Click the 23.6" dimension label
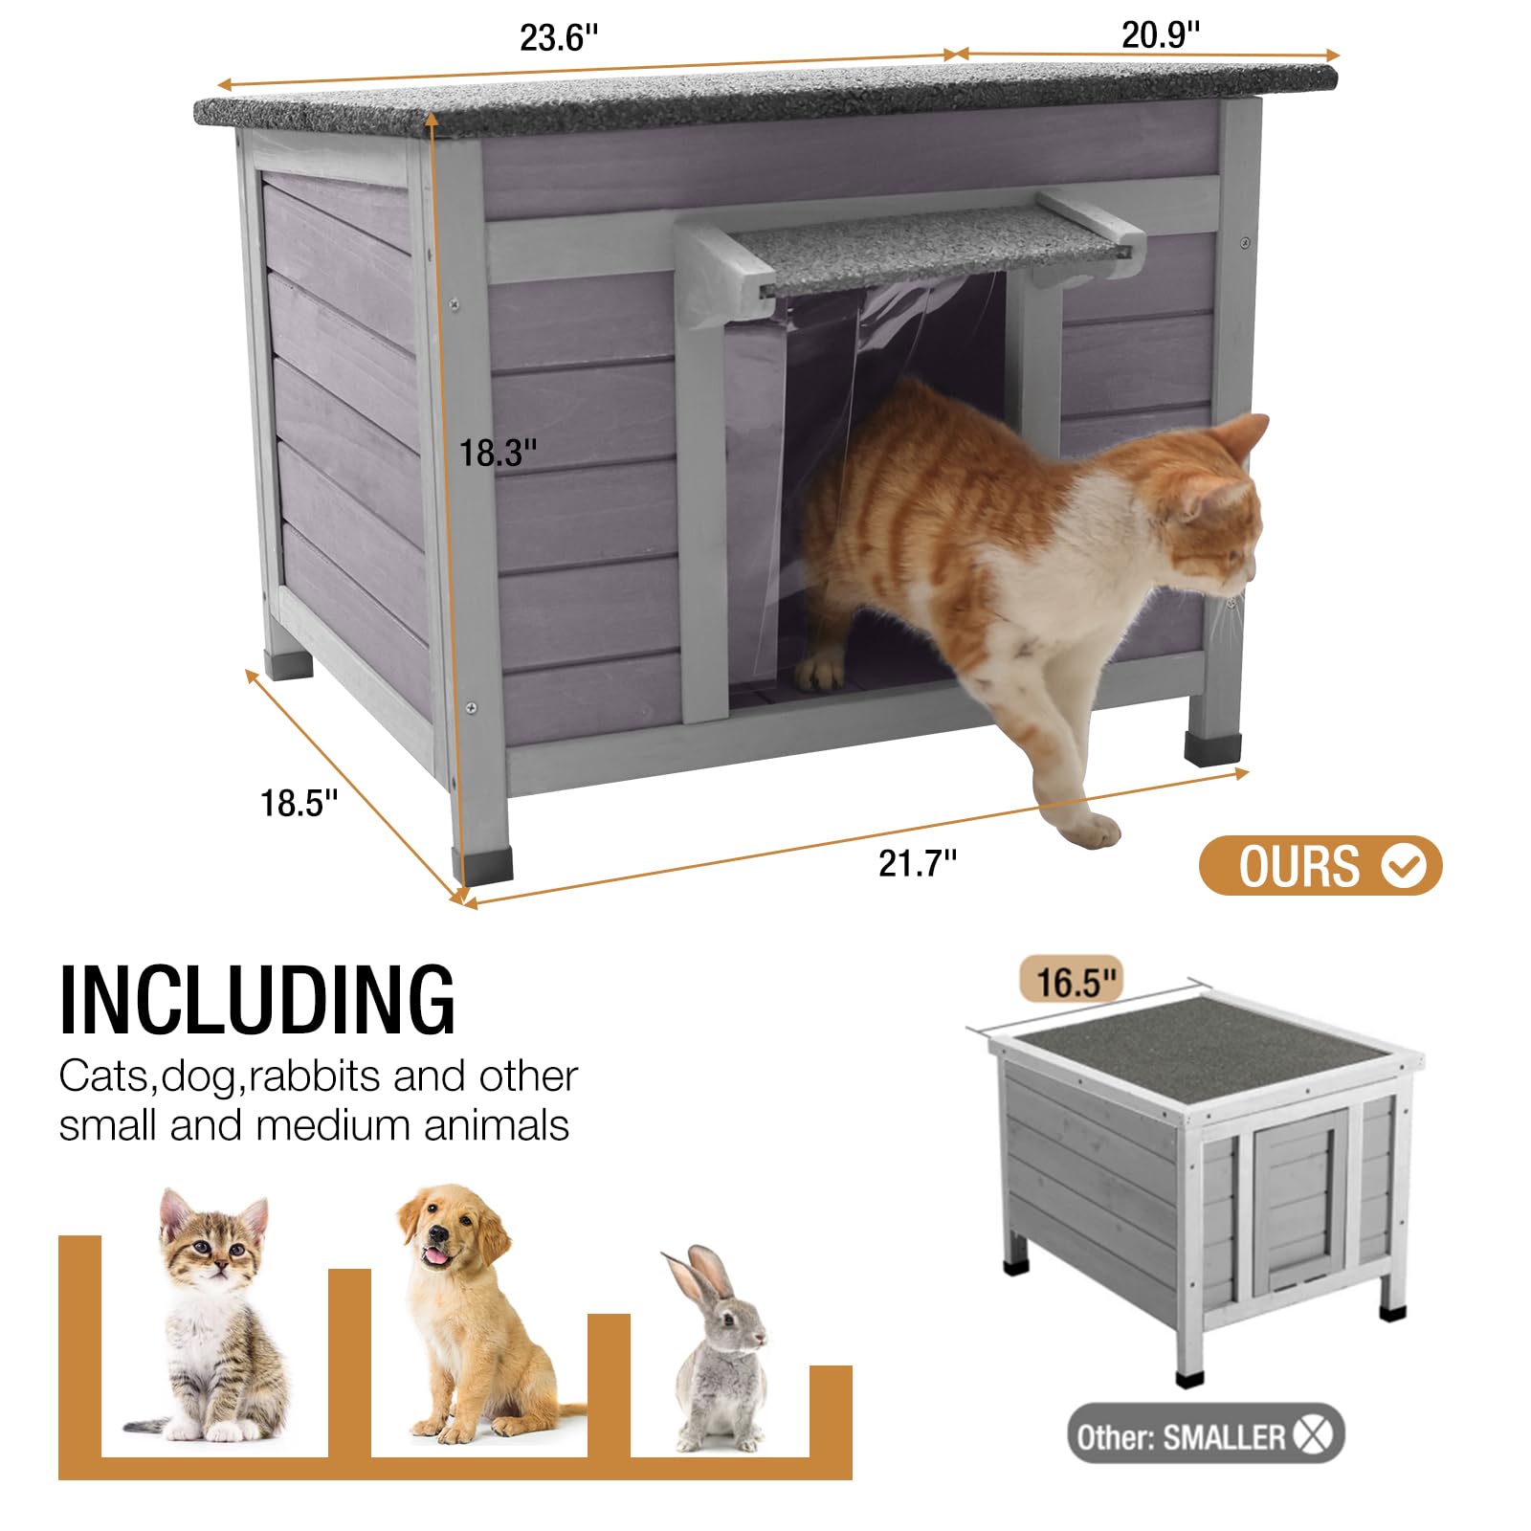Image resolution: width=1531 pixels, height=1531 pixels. (559, 38)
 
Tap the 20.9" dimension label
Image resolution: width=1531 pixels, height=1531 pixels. (1160, 35)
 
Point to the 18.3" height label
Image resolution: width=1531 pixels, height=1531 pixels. (498, 453)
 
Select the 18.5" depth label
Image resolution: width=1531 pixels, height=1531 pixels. (299, 803)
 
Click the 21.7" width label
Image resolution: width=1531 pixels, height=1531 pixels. (917, 863)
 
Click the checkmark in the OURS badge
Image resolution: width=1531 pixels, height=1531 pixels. (1404, 866)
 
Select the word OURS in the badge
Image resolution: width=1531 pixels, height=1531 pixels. (1298, 867)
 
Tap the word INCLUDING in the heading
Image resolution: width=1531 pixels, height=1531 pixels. (257, 1001)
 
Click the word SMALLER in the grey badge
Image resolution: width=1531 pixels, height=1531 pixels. (1224, 1435)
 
